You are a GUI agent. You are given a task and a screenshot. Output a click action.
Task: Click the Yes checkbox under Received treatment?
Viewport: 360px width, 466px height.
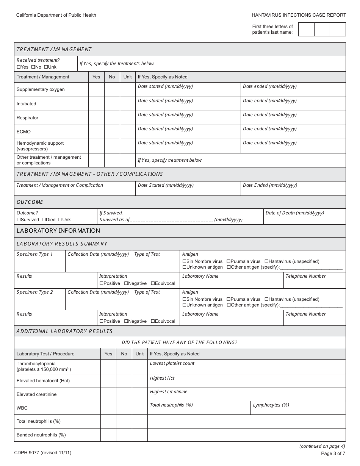click(19, 67)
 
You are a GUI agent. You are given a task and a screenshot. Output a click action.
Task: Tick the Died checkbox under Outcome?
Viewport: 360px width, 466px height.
click(44, 220)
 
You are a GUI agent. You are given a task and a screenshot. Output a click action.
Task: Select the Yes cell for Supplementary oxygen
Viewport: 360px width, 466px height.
click(96, 90)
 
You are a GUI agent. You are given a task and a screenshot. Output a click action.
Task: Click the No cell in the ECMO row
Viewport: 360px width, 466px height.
click(112, 132)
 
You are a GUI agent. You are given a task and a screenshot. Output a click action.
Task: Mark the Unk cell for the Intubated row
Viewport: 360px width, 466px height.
click(128, 104)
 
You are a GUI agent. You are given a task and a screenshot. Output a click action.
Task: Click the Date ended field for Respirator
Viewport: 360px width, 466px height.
click(293, 120)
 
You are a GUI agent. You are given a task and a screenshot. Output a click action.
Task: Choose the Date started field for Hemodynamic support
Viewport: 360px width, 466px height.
click(188, 148)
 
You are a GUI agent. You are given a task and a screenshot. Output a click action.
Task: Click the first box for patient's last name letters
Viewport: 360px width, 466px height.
click(306, 30)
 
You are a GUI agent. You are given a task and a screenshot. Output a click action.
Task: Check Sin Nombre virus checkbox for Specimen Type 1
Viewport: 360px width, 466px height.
click(185, 261)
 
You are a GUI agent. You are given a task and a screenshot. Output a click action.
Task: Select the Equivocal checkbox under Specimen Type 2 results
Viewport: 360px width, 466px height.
click(153, 321)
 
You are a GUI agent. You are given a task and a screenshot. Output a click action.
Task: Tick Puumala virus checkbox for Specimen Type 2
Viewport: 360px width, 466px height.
click(229, 299)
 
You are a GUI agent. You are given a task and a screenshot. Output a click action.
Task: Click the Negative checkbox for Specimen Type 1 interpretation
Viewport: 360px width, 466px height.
click(126, 283)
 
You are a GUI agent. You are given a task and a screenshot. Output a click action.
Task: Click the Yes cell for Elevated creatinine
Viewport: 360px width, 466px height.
click(108, 394)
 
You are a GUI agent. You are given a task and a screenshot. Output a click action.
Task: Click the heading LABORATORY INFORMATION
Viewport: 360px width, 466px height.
click(58, 231)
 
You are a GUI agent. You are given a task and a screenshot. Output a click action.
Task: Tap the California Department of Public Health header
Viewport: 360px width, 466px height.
click(56, 15)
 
